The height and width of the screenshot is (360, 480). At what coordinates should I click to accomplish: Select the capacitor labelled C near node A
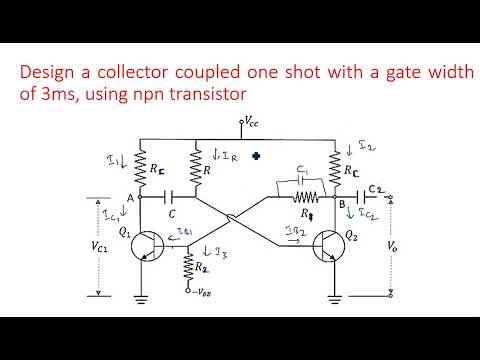pyautogui.click(x=175, y=198)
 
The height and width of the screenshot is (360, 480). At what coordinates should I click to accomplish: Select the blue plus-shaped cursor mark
pyautogui.click(x=258, y=156)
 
